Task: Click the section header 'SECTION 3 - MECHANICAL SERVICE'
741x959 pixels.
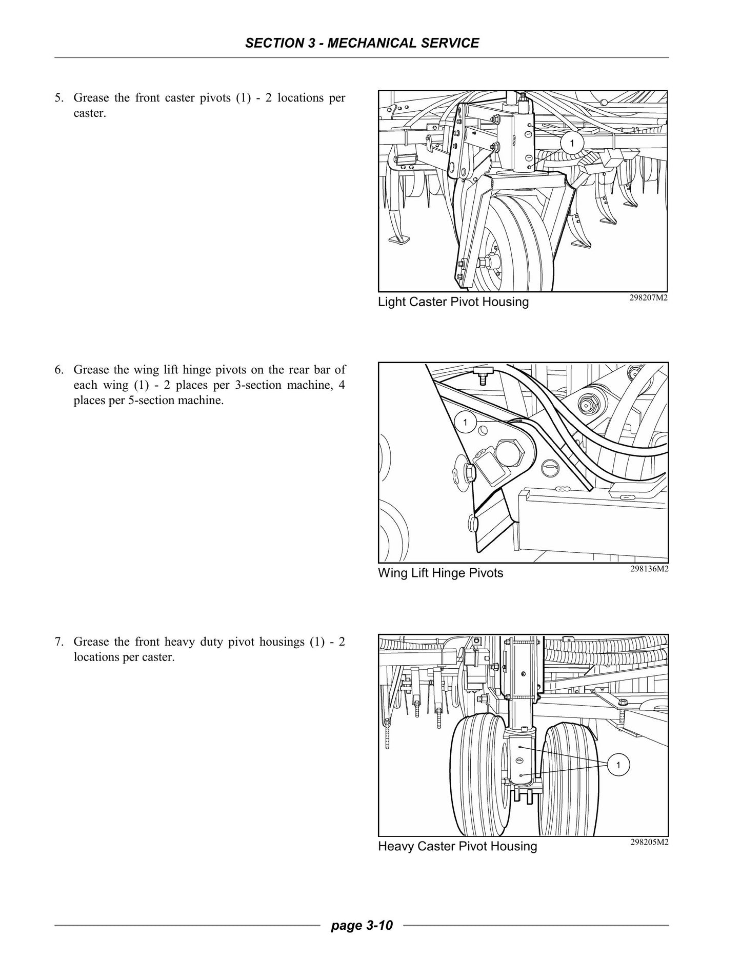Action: click(362, 43)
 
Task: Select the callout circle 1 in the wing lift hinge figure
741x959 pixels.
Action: click(465, 423)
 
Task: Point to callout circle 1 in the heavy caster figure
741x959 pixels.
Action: click(618, 780)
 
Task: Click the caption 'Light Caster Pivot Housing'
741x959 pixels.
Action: click(453, 302)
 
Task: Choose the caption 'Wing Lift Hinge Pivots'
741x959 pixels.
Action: click(440, 573)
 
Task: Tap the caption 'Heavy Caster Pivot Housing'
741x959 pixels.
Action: click(457, 846)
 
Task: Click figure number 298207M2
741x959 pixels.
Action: click(649, 298)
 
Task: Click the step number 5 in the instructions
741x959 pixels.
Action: click(58, 98)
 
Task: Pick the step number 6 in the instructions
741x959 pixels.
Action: click(58, 370)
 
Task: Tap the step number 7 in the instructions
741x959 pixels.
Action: click(58, 642)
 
